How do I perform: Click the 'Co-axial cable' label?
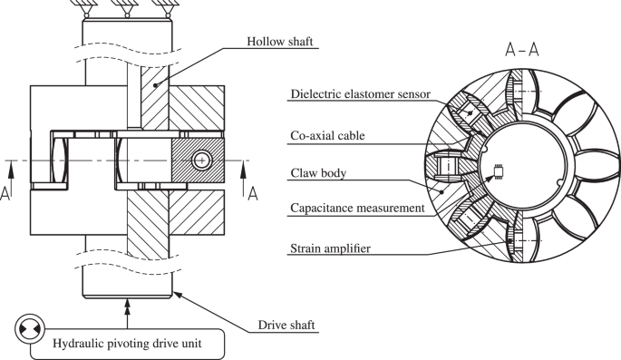pyautogui.click(x=329, y=137)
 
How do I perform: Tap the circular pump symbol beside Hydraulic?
pyautogui.click(x=26, y=329)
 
